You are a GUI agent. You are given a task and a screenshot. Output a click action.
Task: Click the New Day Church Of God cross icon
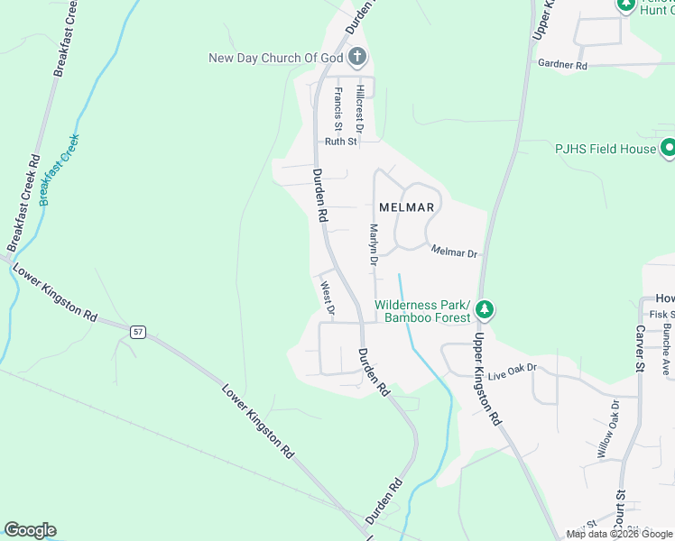(x=357, y=58)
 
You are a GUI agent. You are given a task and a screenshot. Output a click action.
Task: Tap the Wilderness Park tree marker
(x=485, y=309)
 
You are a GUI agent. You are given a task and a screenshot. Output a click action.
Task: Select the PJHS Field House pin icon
(x=669, y=147)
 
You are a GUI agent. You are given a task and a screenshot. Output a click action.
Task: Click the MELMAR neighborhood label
(x=407, y=207)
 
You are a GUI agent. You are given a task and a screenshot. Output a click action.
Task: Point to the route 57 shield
(x=137, y=331)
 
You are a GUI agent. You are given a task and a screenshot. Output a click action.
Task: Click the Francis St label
(x=337, y=106)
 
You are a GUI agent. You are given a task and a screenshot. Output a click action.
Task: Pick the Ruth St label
(x=341, y=142)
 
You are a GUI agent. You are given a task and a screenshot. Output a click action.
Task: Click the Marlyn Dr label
(x=371, y=244)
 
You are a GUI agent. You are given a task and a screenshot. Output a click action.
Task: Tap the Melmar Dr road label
(x=453, y=252)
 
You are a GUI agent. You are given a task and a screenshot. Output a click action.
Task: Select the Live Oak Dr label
(x=512, y=369)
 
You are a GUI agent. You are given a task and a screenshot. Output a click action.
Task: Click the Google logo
(x=30, y=530)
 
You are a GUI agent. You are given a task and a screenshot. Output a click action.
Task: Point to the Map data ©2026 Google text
(x=618, y=534)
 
